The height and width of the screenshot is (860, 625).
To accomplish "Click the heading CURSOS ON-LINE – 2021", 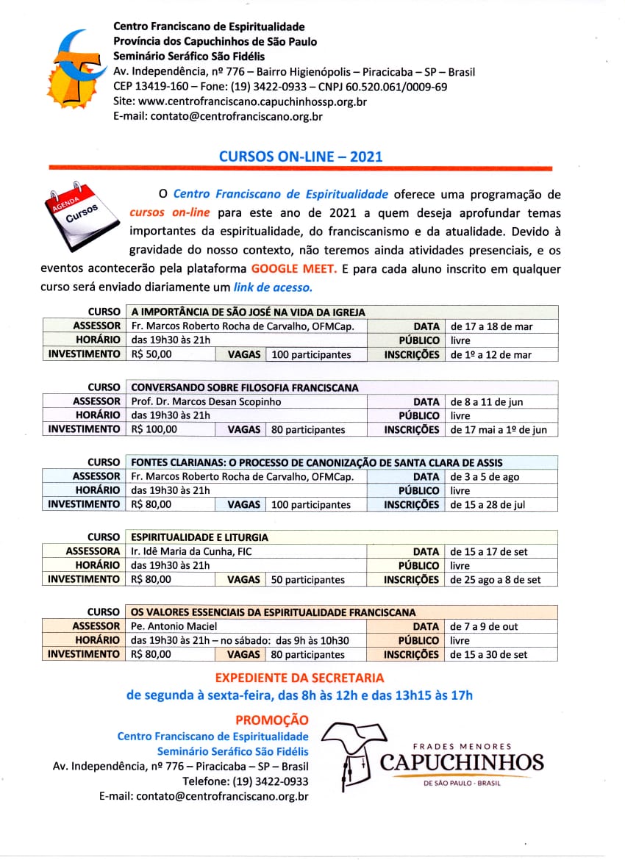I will coord(301,156).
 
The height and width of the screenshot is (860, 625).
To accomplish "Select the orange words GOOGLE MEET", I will coord(293,269).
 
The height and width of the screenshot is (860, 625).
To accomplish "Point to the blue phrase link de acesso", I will coord(273,287).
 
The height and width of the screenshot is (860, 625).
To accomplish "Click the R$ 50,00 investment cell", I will coord(151,354).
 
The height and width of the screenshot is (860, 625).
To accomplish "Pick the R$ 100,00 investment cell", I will coord(154,429).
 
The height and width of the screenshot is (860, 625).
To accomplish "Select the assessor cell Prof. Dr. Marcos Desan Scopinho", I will coord(206,402).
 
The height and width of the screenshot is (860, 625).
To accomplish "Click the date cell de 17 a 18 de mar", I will coord(491,326).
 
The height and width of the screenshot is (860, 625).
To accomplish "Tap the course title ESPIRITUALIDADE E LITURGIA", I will coord(199,537).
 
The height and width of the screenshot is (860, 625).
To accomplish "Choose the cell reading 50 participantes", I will coord(307,579).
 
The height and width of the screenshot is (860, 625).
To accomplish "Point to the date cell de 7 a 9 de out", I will coord(484,626).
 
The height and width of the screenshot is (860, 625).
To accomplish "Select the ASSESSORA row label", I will coord(93,551).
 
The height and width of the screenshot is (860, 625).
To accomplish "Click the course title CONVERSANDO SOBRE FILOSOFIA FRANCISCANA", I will coord(244,387).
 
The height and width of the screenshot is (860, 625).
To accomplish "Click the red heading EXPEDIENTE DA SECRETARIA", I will coord(299,678).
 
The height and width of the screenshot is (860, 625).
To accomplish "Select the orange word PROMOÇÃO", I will coord(272,720).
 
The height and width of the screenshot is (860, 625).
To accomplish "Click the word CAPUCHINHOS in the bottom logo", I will coord(462,762).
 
